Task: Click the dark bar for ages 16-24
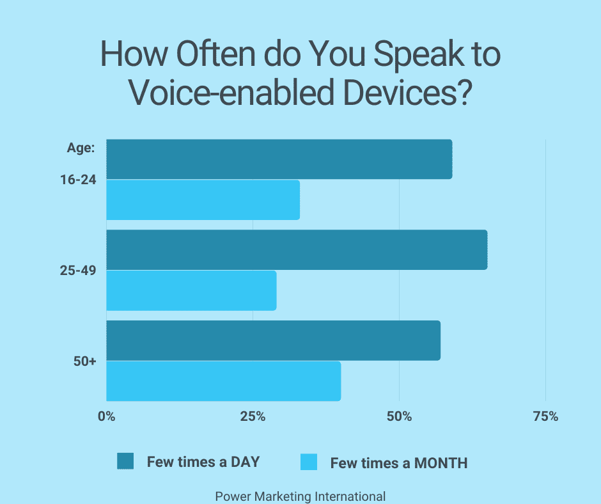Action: (279, 159)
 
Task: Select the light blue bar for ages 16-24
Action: (203, 200)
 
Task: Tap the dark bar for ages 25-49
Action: (296, 249)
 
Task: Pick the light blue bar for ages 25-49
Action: (191, 290)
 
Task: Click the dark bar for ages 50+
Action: (273, 340)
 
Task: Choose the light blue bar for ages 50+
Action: (223, 381)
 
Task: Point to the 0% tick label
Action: (106, 416)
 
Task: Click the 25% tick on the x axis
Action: (253, 416)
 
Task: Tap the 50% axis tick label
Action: (399, 416)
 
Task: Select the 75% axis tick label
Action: (545, 416)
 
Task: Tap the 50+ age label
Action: (84, 361)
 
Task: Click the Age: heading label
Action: (81, 148)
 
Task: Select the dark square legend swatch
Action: (125, 461)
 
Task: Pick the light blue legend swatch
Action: (309, 462)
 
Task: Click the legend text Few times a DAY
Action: (203, 462)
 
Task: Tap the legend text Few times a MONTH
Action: (398, 462)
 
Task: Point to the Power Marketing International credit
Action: (300, 496)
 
